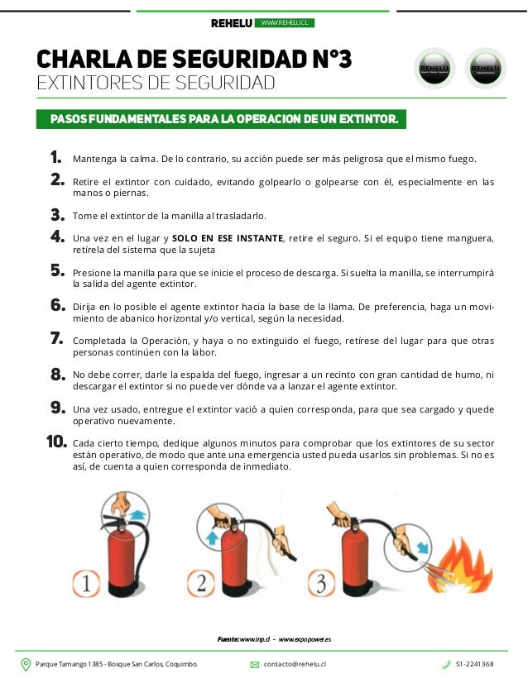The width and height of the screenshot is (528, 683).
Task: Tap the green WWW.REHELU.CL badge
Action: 285,22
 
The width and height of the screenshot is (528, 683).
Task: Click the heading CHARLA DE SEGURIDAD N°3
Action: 194,60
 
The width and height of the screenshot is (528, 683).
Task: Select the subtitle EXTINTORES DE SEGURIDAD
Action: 155,84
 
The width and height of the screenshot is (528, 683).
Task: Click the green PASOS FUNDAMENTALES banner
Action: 224,120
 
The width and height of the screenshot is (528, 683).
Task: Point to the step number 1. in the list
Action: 55,157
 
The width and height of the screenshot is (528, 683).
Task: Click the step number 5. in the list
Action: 57,270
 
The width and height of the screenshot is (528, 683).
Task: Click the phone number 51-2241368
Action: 474,664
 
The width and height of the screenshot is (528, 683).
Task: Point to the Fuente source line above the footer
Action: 274,639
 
